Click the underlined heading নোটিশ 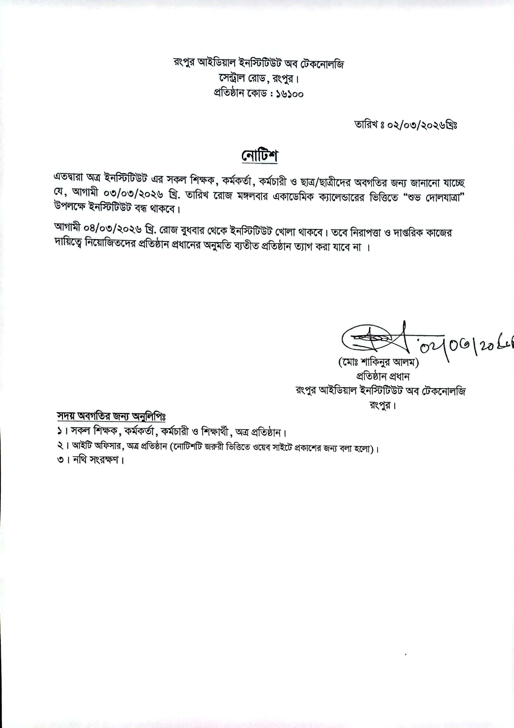pyautogui.click(x=259, y=156)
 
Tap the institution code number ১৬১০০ pyautogui.click(x=290, y=94)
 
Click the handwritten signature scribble pyautogui.click(x=374, y=339)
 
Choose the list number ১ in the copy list pyautogui.click(x=59, y=431)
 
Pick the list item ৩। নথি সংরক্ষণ pyautogui.click(x=90, y=460)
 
